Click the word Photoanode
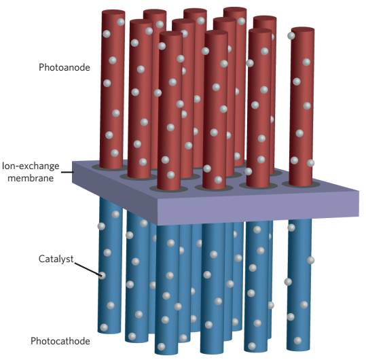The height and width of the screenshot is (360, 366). tap(65, 67)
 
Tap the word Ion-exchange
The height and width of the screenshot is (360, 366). tap(31, 166)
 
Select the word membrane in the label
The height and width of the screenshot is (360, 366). tap(31, 178)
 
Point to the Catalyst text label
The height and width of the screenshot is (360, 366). tap(56, 259)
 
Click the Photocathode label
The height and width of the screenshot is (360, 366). tap(60, 341)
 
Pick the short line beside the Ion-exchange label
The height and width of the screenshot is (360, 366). tap(67, 173)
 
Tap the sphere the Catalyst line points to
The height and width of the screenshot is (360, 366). tap(102, 276)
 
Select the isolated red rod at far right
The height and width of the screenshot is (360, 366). tap(301, 107)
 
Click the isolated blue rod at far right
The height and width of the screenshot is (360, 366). tap(299, 285)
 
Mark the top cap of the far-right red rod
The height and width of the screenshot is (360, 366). tap(303, 30)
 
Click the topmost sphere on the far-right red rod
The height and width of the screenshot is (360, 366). tap(291, 36)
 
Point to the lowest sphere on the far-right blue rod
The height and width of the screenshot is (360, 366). tap(298, 340)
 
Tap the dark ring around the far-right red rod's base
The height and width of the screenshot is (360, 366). tap(301, 185)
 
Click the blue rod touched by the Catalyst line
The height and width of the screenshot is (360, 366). tap(110, 266)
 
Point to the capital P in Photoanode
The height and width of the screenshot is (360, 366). tap(41, 67)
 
